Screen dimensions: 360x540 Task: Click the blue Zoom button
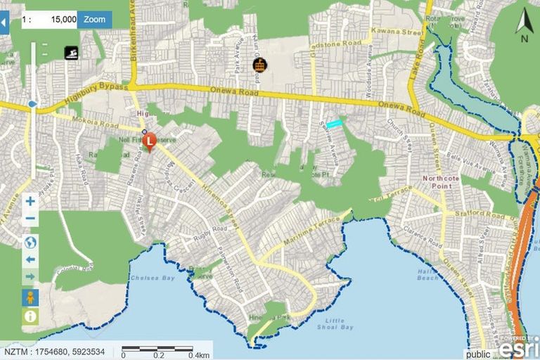tap(94, 20)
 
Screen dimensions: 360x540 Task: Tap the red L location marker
tap(149, 142)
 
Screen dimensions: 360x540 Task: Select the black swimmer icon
tap(71, 53)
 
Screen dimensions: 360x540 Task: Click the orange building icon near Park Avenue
tap(259, 66)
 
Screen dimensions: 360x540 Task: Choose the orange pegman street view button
tap(30, 297)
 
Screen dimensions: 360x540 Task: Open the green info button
tap(30, 316)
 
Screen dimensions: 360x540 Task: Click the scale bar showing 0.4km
tap(157, 349)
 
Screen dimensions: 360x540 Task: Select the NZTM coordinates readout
tap(55, 352)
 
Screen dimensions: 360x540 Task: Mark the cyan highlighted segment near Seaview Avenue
tap(335, 124)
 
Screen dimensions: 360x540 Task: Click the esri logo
tap(519, 347)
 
